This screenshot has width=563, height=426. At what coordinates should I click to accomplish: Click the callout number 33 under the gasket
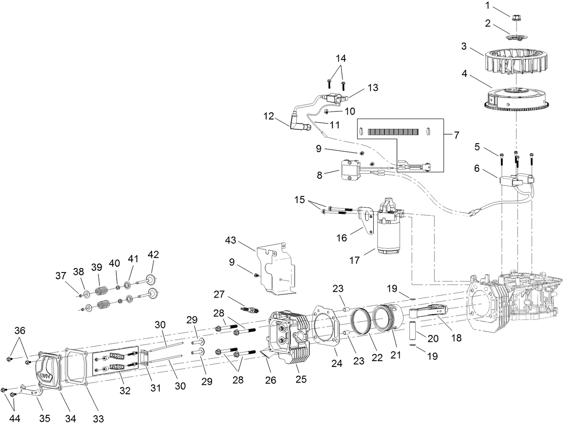tap(98, 418)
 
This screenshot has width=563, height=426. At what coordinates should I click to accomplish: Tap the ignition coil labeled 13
tap(336, 98)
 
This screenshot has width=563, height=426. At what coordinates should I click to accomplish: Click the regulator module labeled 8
tap(349, 170)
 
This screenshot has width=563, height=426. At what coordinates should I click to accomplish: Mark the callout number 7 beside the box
tap(456, 135)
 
